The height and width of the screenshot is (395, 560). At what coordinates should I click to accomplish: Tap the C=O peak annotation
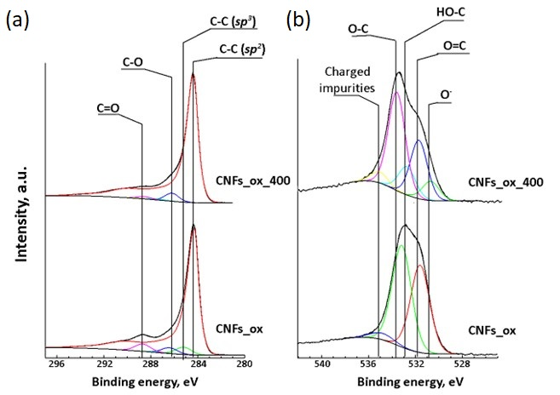tap(111, 108)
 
